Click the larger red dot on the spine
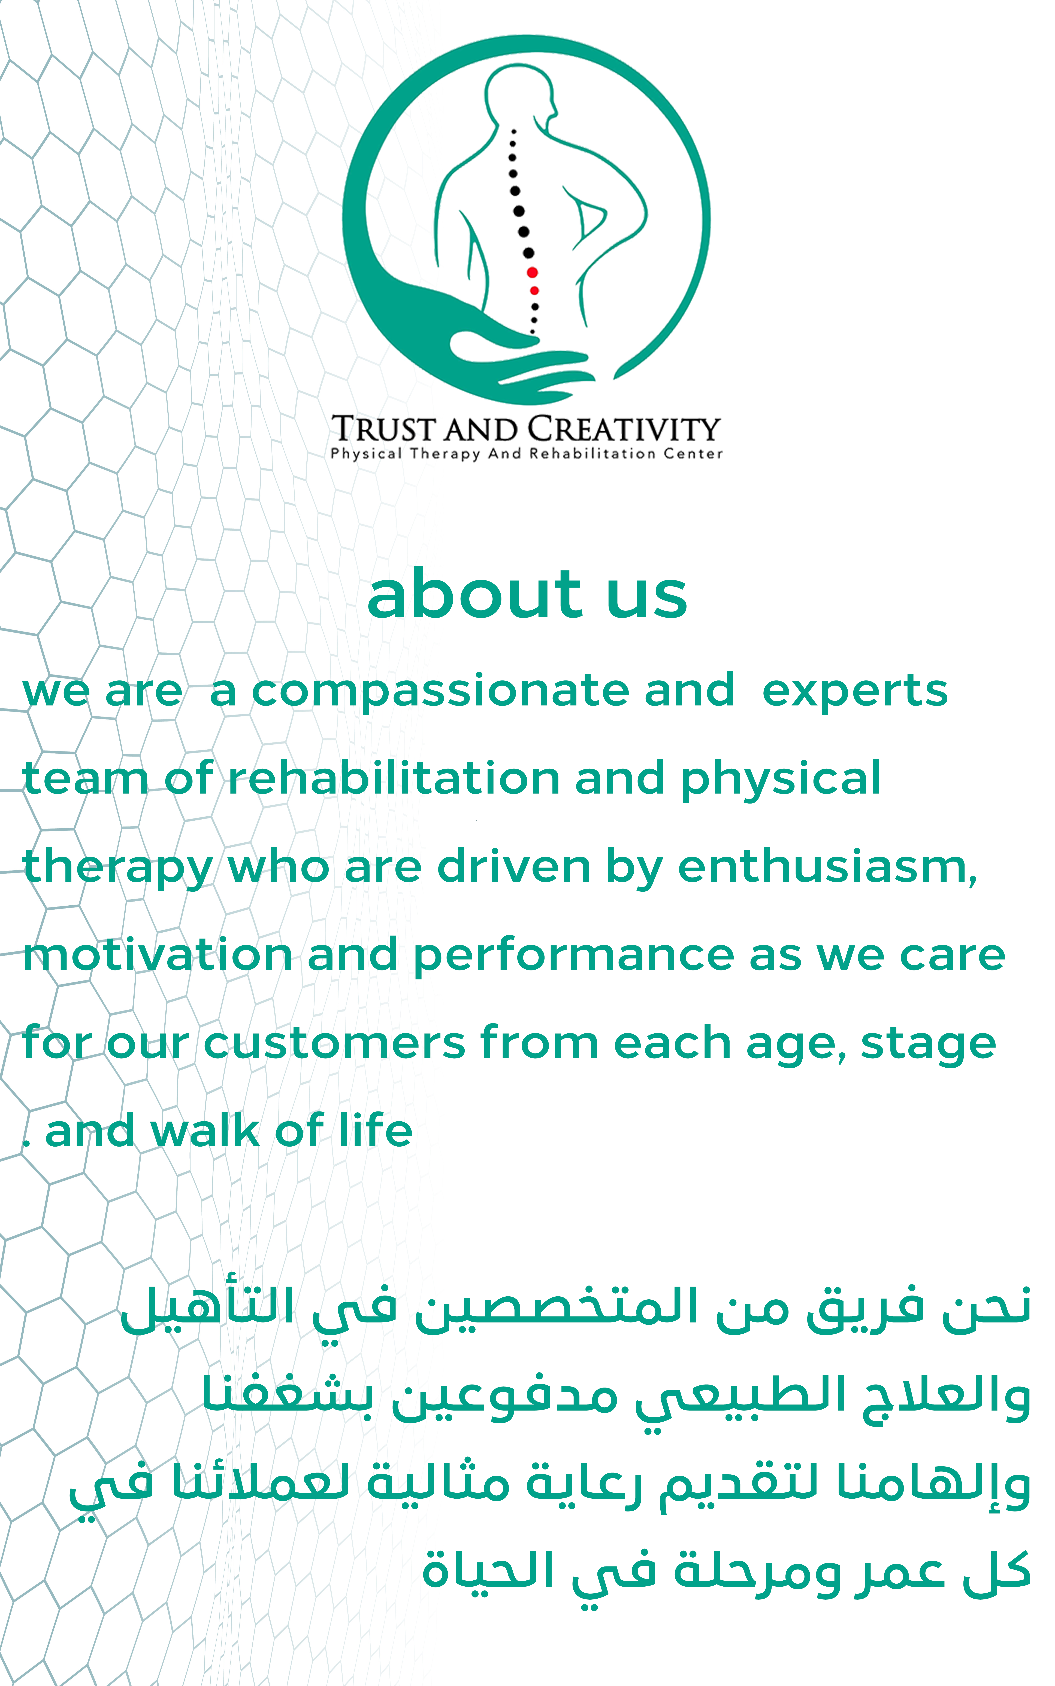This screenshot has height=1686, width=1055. pos(532,273)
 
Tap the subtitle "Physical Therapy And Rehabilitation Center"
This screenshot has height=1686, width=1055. pos(527,454)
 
